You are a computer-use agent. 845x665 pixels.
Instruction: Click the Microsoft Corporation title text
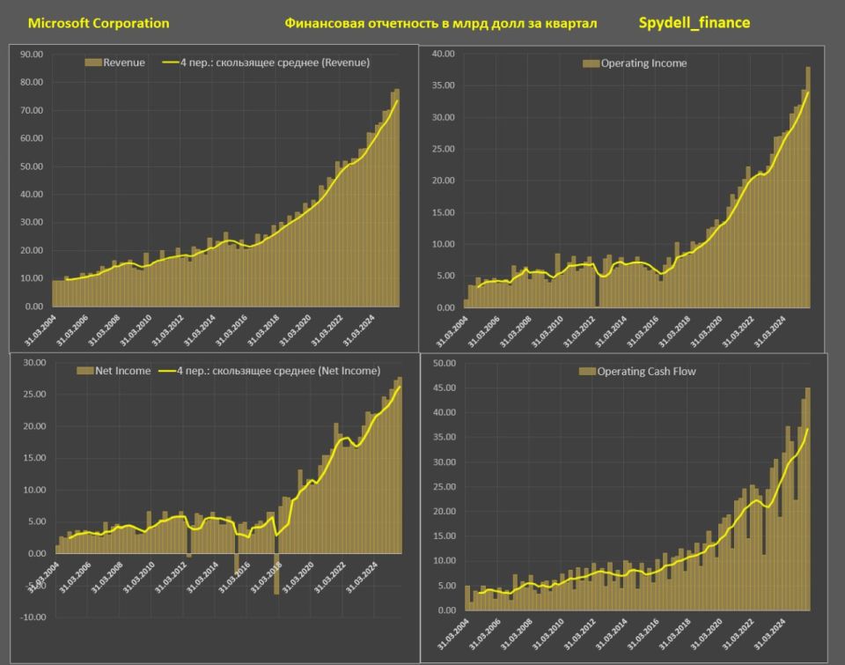99,23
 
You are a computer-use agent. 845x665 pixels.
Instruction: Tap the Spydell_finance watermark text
694,22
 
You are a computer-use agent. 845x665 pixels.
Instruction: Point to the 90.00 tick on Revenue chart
31,55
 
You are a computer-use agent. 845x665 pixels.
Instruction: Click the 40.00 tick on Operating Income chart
443,55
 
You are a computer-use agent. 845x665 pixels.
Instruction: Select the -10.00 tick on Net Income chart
33,617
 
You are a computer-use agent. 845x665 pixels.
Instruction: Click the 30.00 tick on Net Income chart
33,363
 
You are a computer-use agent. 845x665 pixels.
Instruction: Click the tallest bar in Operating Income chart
808,187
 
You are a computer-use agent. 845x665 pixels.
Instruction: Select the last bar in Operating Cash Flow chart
808,499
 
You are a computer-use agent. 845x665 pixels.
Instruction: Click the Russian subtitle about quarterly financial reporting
440,23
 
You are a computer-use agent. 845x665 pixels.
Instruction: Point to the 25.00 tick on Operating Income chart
443,150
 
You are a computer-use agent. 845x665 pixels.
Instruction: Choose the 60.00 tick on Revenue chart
31,138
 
